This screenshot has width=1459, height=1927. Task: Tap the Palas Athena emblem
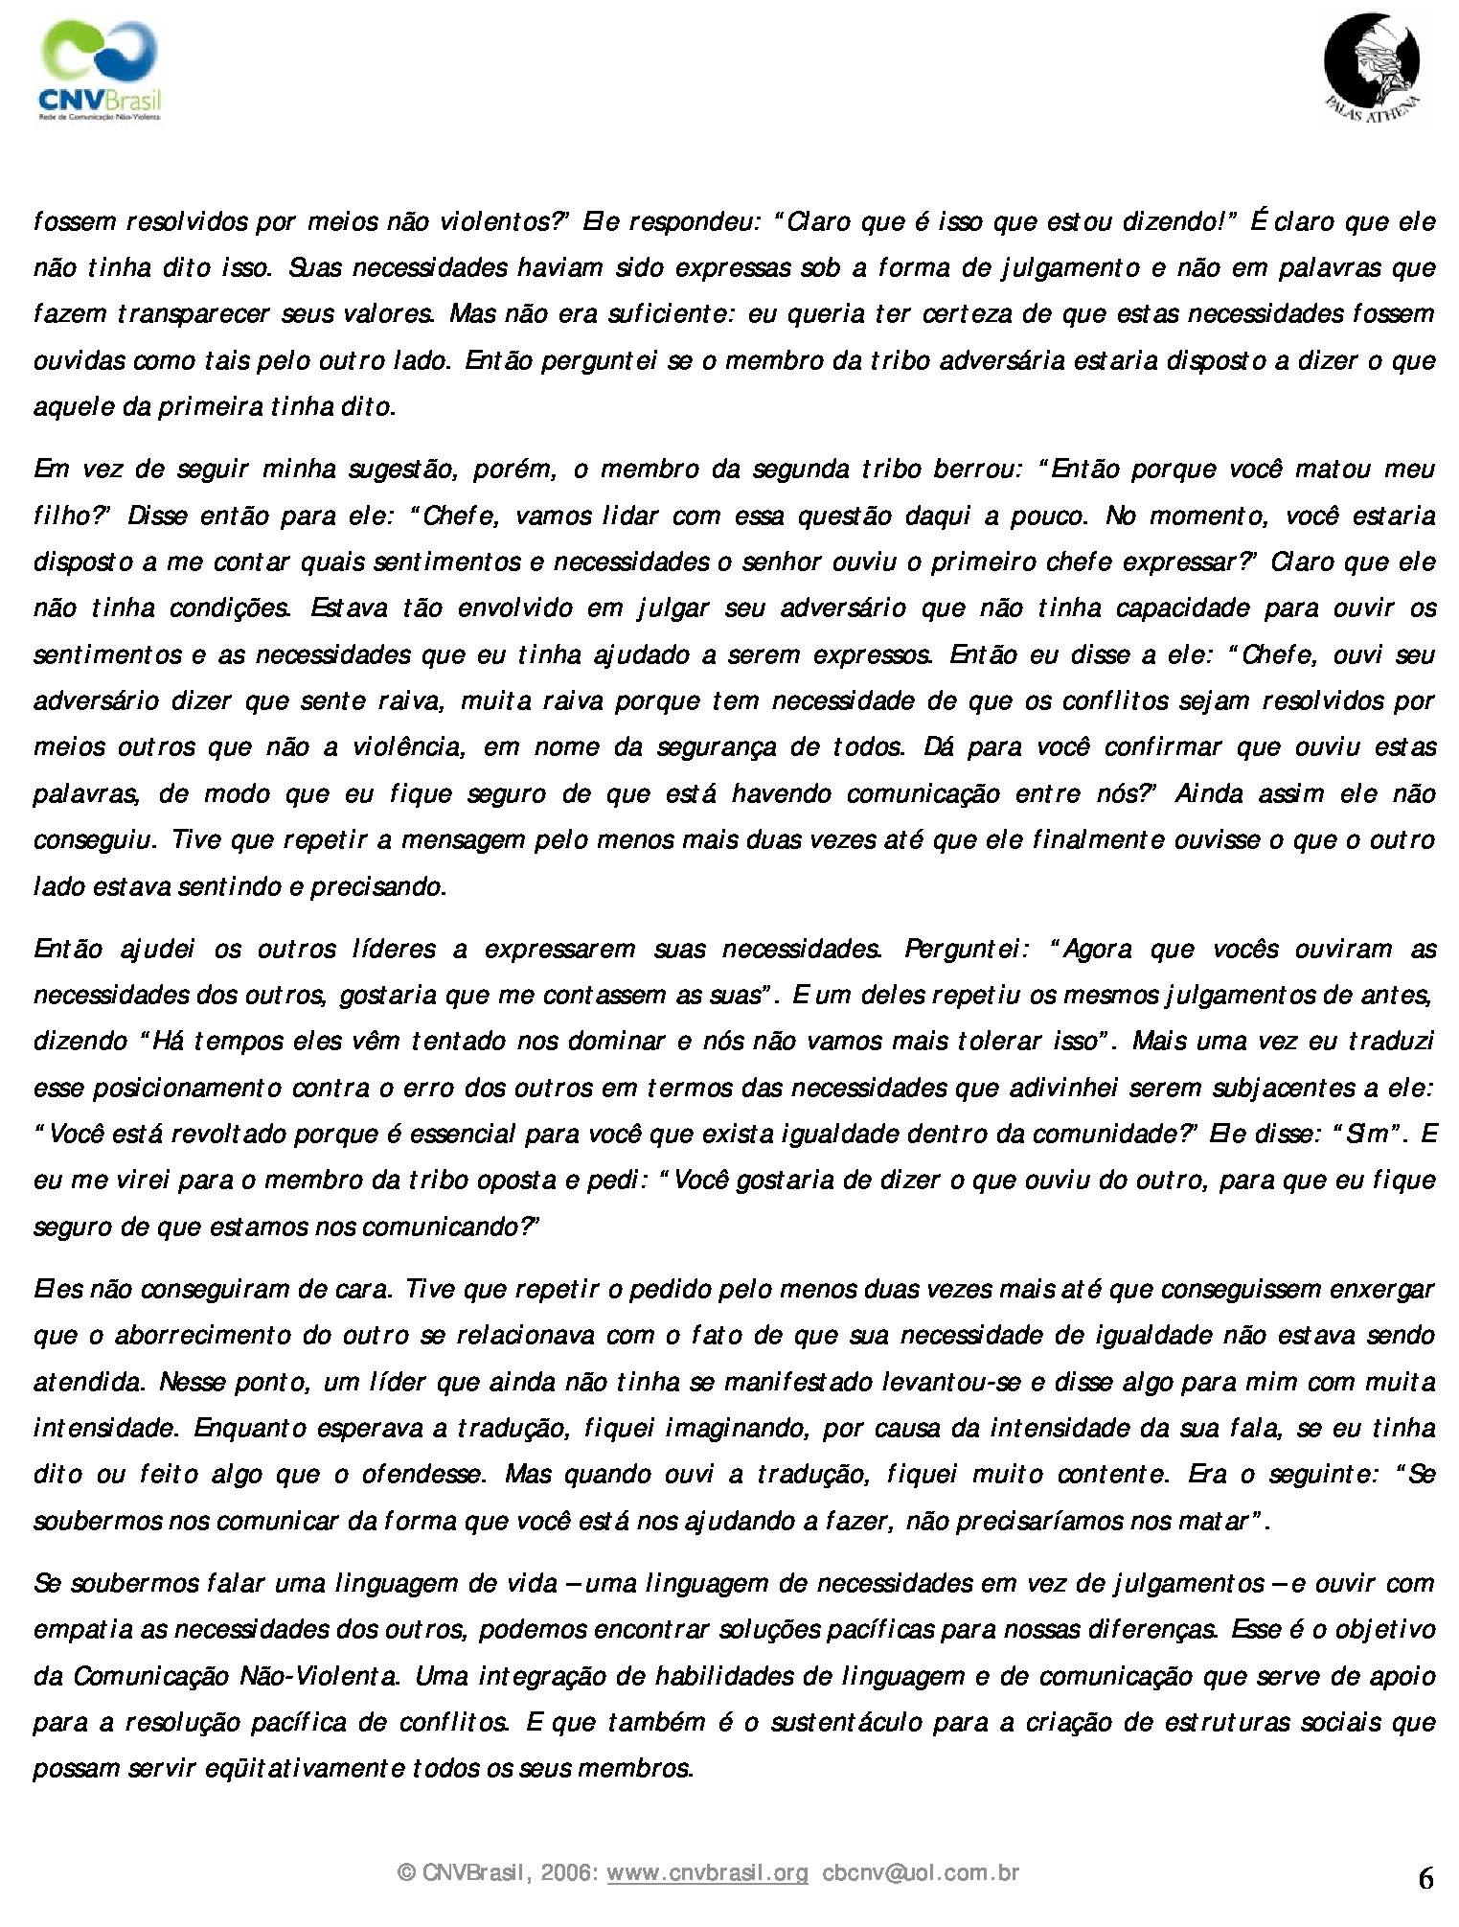[x=1372, y=67]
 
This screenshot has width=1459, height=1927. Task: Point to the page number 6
[x=1425, y=1878]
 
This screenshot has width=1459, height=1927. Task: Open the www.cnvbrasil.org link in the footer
[x=708, y=1871]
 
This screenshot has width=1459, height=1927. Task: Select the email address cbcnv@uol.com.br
[x=921, y=1871]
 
